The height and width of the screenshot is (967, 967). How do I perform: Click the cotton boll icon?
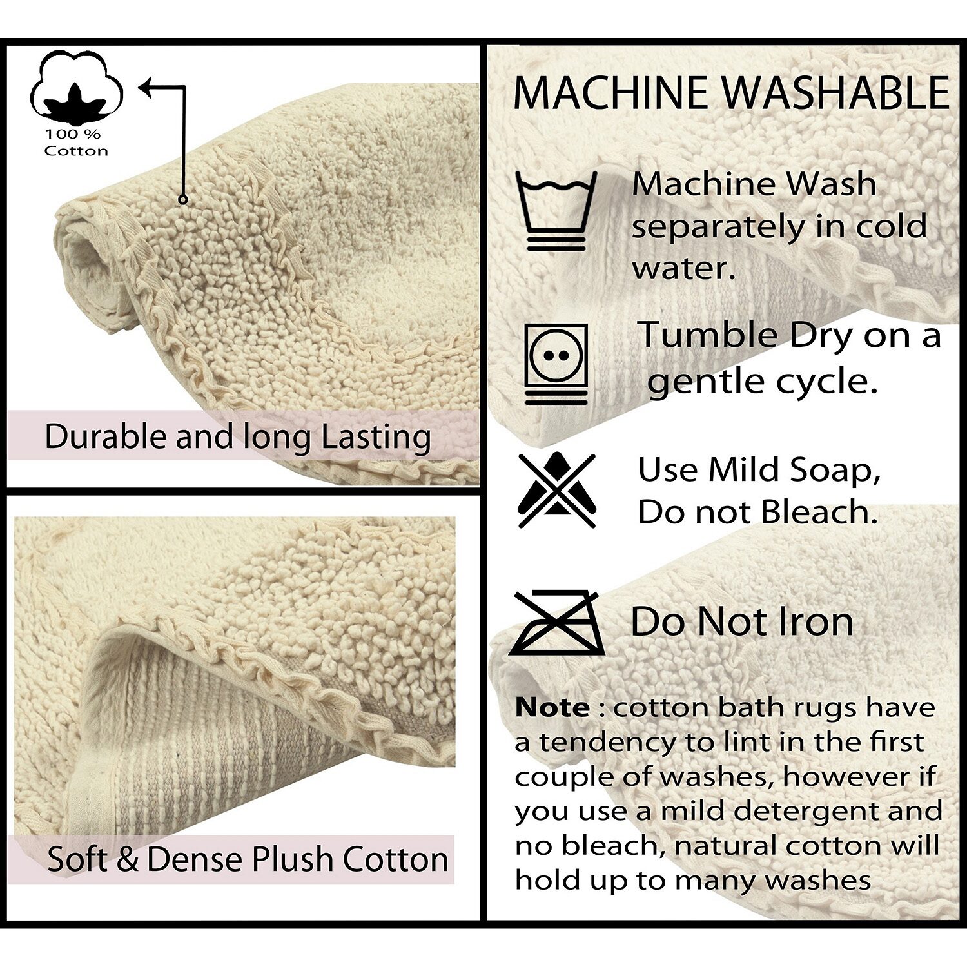tap(77, 87)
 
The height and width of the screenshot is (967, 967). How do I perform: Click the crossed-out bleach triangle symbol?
tap(557, 490)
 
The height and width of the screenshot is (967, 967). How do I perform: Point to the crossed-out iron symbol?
tap(557, 623)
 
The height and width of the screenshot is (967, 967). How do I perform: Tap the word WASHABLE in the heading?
tap(836, 93)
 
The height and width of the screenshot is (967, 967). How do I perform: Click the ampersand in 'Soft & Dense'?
tap(128, 859)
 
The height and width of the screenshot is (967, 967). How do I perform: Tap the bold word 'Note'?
tap(552, 708)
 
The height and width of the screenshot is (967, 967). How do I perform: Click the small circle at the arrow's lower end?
tap(183, 200)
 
